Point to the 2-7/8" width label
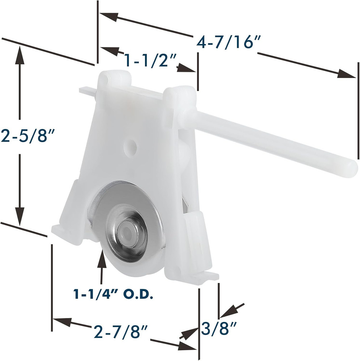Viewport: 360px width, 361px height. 120,331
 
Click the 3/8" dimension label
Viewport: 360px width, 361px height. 218,329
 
